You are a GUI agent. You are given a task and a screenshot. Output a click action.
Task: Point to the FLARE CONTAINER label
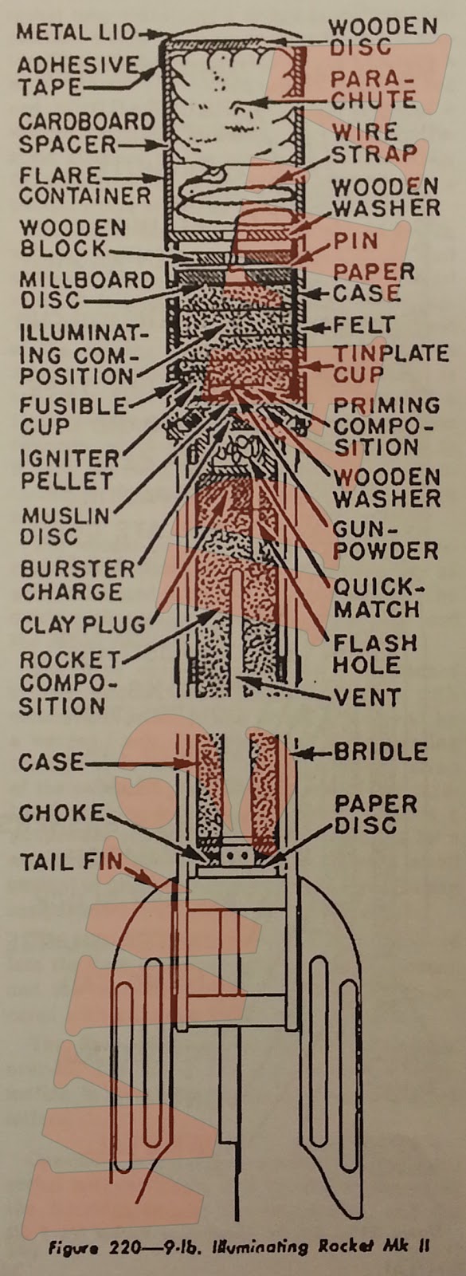(84, 185)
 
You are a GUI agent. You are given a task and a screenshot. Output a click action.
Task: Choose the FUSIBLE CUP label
(72, 415)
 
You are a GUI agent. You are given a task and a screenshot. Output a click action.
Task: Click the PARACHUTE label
(373, 89)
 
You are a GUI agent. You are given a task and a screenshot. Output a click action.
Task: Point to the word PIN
(355, 240)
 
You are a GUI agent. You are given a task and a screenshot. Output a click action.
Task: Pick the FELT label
(364, 325)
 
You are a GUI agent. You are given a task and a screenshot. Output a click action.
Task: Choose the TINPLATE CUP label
(390, 363)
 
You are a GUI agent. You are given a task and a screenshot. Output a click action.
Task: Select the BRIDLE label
(380, 751)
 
